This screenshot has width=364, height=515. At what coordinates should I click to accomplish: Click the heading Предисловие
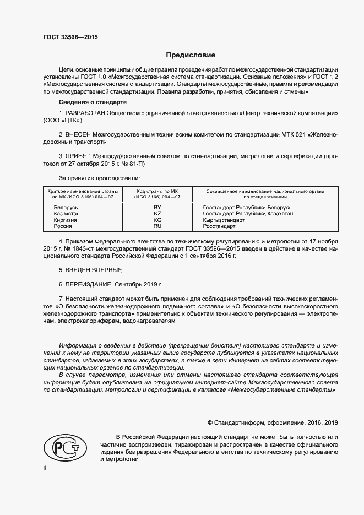[191, 55]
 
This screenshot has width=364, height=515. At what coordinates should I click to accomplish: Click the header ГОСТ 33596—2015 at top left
[71, 38]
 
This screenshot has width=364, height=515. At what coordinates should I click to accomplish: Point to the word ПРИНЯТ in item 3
[79, 156]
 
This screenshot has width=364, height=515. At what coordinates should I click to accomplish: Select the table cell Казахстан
[67, 213]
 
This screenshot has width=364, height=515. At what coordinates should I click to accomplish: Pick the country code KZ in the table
[157, 213]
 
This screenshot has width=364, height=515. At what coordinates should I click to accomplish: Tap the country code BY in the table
[157, 207]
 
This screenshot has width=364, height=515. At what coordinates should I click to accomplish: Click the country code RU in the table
[157, 226]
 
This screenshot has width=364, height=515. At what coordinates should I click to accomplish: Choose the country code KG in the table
[157, 220]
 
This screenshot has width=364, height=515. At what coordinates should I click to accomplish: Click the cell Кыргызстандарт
[224, 220]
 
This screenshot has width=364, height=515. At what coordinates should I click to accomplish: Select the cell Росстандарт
[219, 226]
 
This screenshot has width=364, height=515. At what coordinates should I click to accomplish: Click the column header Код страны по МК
[158, 191]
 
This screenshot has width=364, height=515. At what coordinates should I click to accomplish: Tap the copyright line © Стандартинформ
[273, 422]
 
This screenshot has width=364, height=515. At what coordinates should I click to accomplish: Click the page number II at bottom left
[45, 468]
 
